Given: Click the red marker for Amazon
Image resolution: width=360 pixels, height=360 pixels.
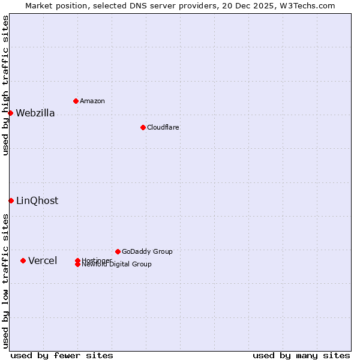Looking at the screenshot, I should point(76,101).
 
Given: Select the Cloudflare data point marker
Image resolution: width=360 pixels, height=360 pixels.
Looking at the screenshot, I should point(143,127).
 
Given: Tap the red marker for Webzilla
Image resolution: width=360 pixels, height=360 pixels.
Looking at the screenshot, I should point(10,113).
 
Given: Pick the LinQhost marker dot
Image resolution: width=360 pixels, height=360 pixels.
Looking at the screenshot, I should point(11,200).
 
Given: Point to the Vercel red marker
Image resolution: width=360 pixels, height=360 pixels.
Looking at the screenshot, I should point(23,260).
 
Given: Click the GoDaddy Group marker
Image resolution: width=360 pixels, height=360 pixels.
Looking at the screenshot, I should point(118,251).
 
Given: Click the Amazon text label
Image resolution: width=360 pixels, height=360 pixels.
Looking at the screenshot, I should point(92,101).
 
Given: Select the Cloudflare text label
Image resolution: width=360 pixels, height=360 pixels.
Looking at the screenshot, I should point(163,127).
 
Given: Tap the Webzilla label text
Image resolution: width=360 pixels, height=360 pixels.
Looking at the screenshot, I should point(35,113).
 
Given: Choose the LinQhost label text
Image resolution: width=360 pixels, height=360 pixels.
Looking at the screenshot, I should point(37,201).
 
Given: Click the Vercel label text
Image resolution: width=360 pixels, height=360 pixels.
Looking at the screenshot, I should point(43,260).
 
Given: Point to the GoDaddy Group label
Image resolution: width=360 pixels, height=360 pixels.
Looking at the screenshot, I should point(147,251).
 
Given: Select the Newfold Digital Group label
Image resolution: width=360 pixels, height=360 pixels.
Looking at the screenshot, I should point(116,265).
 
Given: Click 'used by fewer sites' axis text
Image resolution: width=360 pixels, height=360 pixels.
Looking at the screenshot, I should point(62,355).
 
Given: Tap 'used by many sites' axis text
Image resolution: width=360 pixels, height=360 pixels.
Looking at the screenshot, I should point(301,355).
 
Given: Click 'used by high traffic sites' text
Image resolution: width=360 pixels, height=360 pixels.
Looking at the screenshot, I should point(5,85).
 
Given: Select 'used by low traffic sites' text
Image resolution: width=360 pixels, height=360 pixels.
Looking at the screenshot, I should point(5,281).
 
